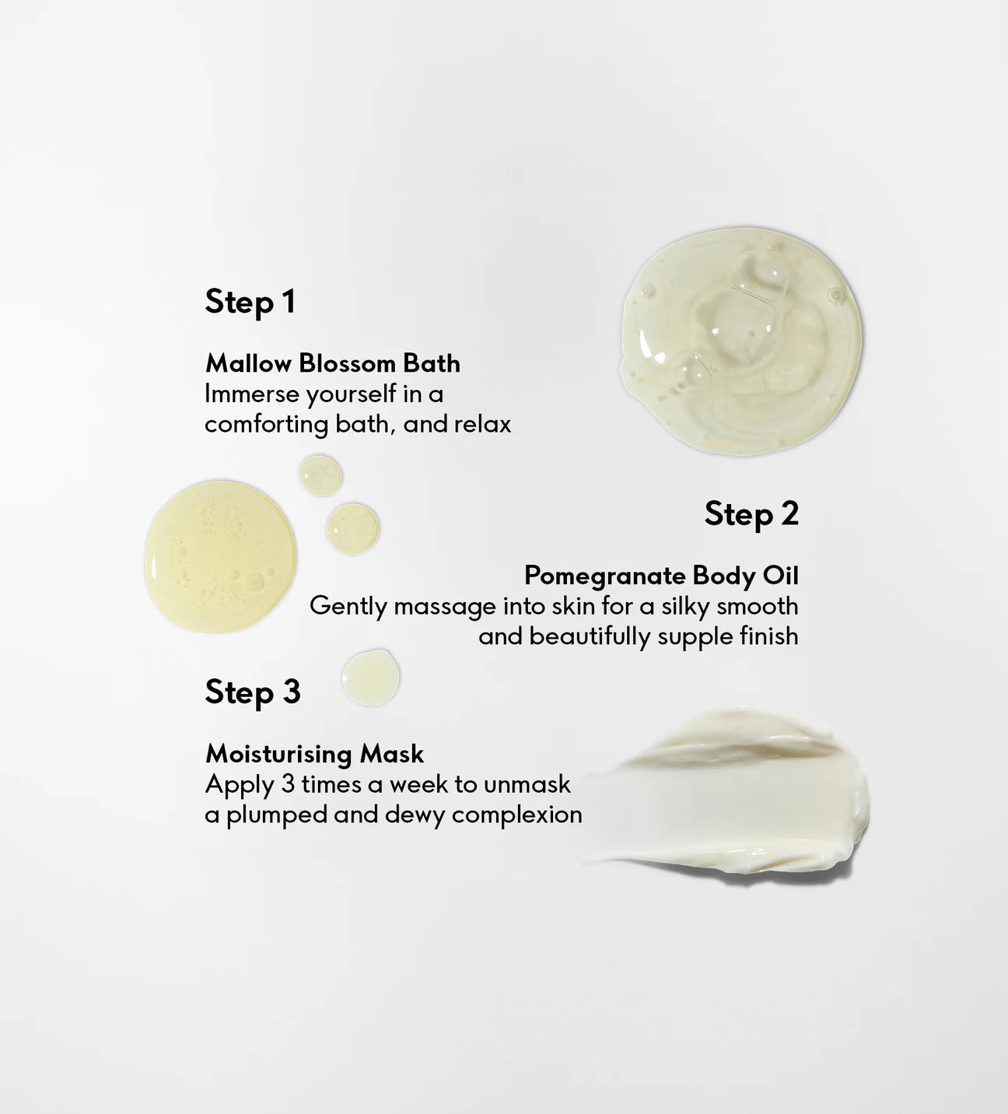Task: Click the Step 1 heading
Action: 250,303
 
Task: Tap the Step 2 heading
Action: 751,514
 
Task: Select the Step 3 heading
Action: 253,693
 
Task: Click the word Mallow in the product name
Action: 248,364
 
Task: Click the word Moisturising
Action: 278,754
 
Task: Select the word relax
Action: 482,425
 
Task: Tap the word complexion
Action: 517,815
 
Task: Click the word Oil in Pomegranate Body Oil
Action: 780,576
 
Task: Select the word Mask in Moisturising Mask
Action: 391,754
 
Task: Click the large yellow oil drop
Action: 220,556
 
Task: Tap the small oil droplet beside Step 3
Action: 370,678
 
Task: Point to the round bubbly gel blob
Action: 741,342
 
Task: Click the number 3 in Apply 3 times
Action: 288,785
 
